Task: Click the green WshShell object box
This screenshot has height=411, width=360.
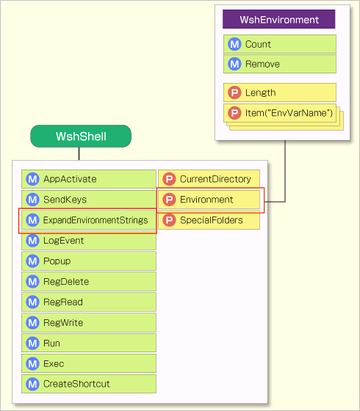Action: (81, 137)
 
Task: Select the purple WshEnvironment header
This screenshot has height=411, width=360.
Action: (279, 20)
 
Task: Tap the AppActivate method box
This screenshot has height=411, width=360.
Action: (89, 179)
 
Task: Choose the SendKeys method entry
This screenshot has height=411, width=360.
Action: (89, 200)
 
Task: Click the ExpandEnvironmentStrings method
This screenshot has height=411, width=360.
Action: (89, 220)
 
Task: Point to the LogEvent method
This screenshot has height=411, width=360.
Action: (89, 241)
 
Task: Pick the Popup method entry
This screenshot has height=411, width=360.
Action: (89, 261)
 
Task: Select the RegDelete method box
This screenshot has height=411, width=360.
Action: (89, 282)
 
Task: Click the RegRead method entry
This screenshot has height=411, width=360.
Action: (89, 302)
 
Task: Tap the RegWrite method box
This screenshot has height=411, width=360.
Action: (89, 323)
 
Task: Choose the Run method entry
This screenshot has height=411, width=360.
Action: (89, 343)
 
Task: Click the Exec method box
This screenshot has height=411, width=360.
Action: (89, 364)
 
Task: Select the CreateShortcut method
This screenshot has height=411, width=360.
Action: (89, 384)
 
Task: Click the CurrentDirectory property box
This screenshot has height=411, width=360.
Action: (209, 179)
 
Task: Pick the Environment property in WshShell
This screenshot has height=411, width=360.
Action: (209, 200)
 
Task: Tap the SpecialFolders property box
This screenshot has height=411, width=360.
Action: (209, 220)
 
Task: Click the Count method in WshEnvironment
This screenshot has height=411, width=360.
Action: (279, 44)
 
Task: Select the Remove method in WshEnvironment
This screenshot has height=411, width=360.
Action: (279, 64)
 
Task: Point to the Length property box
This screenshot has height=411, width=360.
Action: (279, 92)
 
